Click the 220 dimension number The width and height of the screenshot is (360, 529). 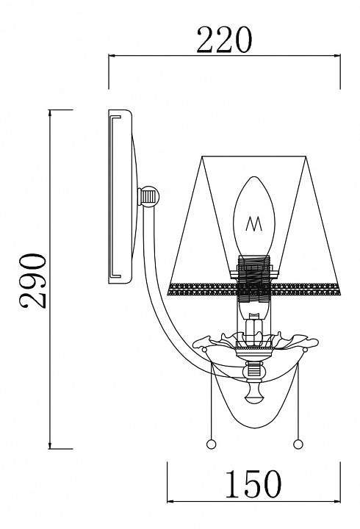point(224,40)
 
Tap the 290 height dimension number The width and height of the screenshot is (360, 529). point(33,281)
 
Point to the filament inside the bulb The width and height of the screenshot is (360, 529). point(254,223)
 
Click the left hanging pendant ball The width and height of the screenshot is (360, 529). point(211,444)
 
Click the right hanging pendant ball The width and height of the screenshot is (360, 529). point(298,444)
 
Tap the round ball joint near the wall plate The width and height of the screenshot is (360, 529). point(150,195)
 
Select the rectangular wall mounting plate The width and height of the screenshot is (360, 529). point(120,196)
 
